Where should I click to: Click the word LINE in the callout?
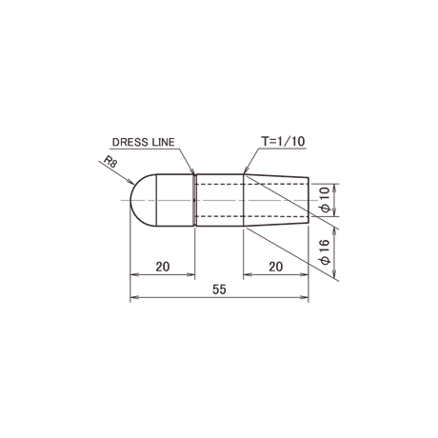pos(164,142)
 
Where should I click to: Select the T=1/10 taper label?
pos(283,141)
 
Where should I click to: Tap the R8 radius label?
pos(110,162)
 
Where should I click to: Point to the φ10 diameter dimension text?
pos(326,200)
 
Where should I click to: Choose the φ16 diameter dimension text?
pos(326,252)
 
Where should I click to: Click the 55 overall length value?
pos(219,289)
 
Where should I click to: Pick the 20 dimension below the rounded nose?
pos(163,267)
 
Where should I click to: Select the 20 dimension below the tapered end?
pos(275,267)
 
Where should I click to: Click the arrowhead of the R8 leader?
pos(130,182)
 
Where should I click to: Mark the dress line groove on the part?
pos(194,200)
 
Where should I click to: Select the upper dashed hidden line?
pos(252,184)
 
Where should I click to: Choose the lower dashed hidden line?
pos(252,216)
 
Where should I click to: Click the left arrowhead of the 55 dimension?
pos(134,297)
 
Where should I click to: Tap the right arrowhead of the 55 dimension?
pos(305,297)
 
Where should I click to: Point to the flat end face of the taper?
pos(309,200)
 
